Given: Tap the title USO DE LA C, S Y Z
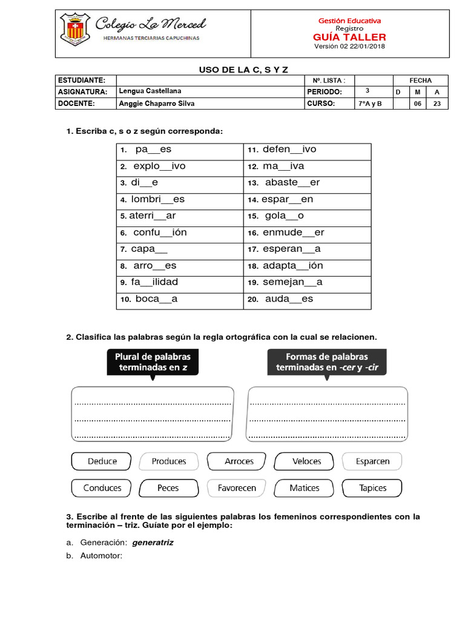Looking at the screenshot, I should pos(248,70).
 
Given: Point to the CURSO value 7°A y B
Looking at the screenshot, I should pos(367,104).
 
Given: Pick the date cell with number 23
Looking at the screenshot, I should pos(437,104).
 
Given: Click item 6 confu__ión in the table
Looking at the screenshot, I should pos(160,232).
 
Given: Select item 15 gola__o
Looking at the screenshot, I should pos(284,216).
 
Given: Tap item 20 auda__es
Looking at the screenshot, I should pos(289,299).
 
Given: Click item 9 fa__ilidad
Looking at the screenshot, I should pos(154,282).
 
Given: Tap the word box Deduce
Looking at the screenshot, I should pos(102,461).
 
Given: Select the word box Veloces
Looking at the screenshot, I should pos(306,461).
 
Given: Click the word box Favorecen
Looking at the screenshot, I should pos(237,488).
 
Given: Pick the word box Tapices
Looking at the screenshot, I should pos(372,488).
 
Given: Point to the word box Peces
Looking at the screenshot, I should pos(168,488).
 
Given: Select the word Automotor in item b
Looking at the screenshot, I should pos(101,555).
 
